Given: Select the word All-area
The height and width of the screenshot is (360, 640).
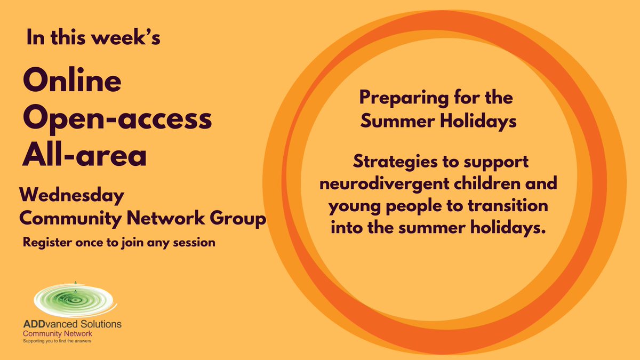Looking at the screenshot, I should pyautogui.click(x=84, y=155).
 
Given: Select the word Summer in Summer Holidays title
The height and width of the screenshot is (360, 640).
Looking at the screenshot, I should pyautogui.click(x=395, y=122).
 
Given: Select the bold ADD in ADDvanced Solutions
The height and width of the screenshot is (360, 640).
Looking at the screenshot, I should pyautogui.click(x=36, y=324).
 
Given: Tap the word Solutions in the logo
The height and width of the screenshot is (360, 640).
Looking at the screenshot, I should pyautogui.click(x=102, y=324).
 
